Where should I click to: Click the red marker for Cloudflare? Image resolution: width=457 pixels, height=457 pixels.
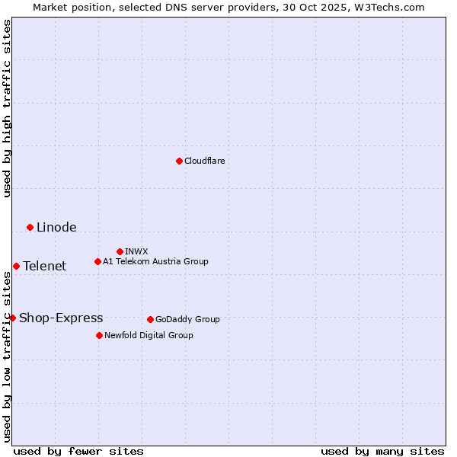179,161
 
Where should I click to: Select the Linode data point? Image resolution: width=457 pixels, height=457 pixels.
30,227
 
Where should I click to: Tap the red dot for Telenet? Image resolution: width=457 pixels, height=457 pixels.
16,266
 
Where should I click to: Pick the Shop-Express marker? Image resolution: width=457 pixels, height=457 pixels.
12,318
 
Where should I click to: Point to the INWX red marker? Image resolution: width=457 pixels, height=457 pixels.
120,251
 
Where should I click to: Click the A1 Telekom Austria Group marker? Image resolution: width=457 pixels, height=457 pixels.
97,261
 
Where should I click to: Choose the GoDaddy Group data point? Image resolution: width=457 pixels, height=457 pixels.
150,319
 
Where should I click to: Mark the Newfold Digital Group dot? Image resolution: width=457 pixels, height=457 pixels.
99,335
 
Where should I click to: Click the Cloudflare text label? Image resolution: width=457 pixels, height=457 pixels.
204,161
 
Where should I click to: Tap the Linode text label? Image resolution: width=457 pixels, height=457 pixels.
56,227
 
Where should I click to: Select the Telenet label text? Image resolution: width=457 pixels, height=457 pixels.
44,266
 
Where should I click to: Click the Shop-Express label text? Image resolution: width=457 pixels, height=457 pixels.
61,318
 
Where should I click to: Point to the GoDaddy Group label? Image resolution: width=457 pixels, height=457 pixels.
187,319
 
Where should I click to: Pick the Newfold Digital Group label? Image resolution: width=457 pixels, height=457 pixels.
149,335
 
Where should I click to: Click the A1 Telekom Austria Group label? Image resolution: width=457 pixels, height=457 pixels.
155,261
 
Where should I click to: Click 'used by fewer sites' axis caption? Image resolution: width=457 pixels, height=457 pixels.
78,451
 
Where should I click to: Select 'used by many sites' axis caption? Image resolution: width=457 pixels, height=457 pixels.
382,451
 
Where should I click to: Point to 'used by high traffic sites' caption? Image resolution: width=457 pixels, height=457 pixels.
7,108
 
